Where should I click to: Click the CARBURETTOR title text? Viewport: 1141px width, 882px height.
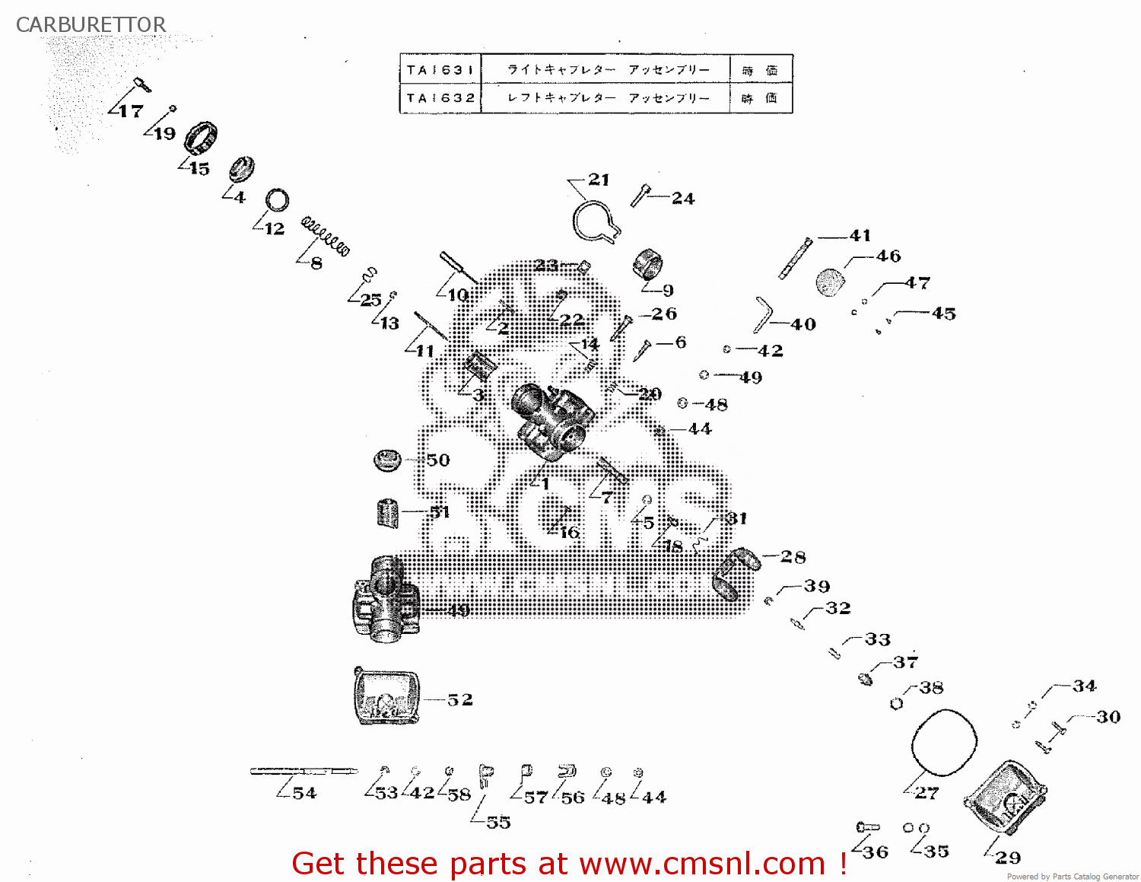(91, 24)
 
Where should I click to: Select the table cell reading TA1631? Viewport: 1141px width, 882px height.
(440, 70)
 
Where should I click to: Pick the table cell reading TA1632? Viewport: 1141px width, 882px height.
(440, 98)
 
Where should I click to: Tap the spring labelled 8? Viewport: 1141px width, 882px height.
(326, 237)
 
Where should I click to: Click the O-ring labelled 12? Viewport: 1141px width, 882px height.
(277, 200)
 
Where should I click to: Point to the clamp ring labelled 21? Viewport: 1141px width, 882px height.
(595, 223)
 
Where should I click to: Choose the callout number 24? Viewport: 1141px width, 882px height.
(682, 199)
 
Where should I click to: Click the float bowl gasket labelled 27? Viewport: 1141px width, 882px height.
(943, 743)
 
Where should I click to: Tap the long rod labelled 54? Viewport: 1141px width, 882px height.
(304, 771)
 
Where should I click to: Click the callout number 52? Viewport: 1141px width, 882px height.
(459, 699)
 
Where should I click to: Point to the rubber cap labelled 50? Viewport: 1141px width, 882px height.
(387, 460)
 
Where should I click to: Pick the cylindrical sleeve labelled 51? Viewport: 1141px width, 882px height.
(388, 513)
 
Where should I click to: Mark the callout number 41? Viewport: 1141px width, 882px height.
(860, 235)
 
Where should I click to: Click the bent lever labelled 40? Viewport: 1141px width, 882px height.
(762, 314)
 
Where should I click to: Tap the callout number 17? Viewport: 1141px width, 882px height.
(130, 111)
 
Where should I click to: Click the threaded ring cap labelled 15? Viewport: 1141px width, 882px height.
(201, 137)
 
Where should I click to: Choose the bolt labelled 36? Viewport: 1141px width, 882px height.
(867, 826)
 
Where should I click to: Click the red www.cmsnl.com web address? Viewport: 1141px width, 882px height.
(702, 864)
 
